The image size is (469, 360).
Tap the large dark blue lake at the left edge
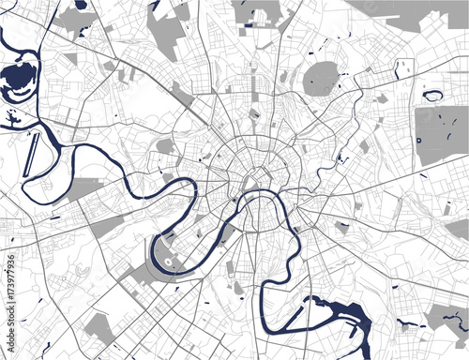[21, 81]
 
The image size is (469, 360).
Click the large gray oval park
[321, 79]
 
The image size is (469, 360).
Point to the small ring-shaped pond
[434, 95]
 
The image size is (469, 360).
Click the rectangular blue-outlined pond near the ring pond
[404, 67]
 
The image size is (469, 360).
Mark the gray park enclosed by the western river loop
[89, 187]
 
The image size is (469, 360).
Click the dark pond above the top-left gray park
[81, 6]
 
